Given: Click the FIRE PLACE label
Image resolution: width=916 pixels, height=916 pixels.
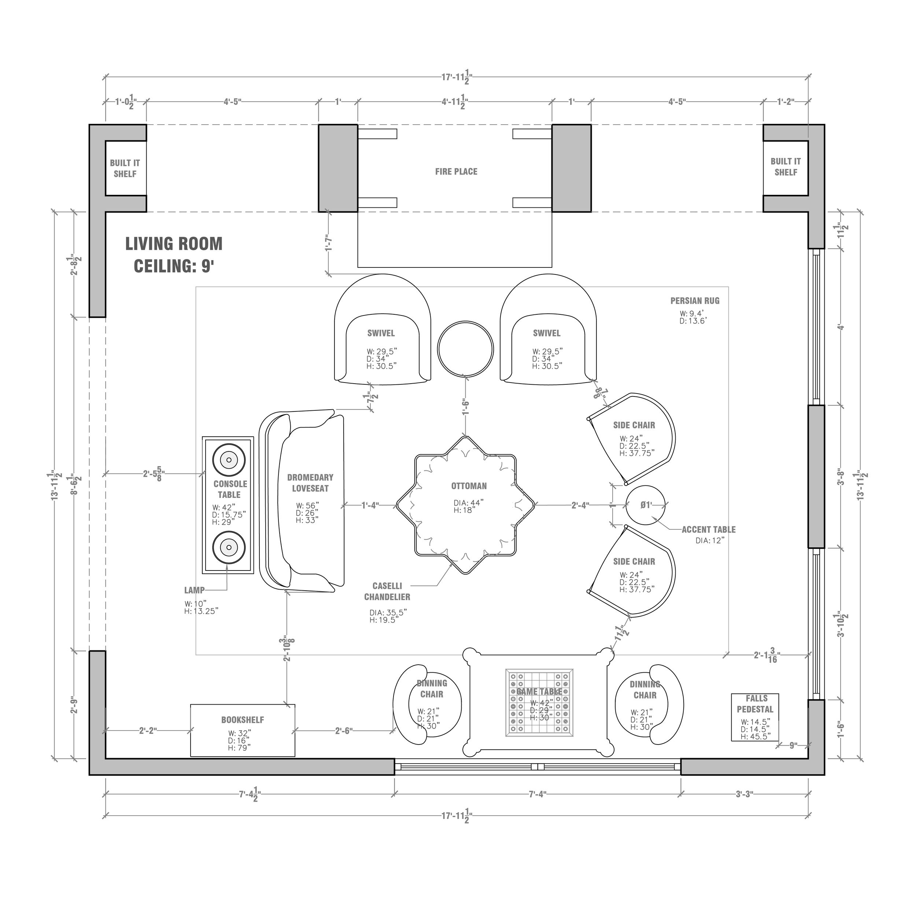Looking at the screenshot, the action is tap(456, 171).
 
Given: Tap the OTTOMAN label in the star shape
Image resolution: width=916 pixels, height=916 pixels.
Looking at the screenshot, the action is tap(468, 486).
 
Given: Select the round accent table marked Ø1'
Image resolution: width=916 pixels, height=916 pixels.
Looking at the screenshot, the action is tap(646, 505).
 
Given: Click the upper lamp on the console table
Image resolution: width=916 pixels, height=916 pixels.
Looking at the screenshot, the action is tap(229, 459).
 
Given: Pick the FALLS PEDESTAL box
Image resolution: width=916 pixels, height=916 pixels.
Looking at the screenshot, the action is tap(755, 717).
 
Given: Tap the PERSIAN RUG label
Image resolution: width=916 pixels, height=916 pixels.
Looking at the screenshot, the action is tap(695, 300).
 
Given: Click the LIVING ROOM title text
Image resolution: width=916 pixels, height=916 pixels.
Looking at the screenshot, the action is tap(174, 244).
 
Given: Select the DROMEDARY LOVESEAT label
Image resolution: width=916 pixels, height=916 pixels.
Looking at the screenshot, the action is tap(310, 483).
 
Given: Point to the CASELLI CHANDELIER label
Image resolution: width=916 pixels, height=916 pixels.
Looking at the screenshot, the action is tap(387, 591).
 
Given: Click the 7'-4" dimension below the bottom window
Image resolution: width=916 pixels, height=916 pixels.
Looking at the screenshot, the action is tap(538, 794).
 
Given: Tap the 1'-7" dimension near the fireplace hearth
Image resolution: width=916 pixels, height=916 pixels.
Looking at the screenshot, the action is tap(328, 243).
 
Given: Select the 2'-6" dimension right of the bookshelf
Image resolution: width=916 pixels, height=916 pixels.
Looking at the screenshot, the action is tap(344, 731).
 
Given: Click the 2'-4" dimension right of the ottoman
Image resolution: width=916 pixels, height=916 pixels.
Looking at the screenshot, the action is tap(580, 505).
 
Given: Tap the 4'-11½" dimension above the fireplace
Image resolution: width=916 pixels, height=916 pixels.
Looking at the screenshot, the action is tap(455, 102).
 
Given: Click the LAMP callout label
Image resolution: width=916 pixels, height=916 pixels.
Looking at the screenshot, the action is tap(195, 590).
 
